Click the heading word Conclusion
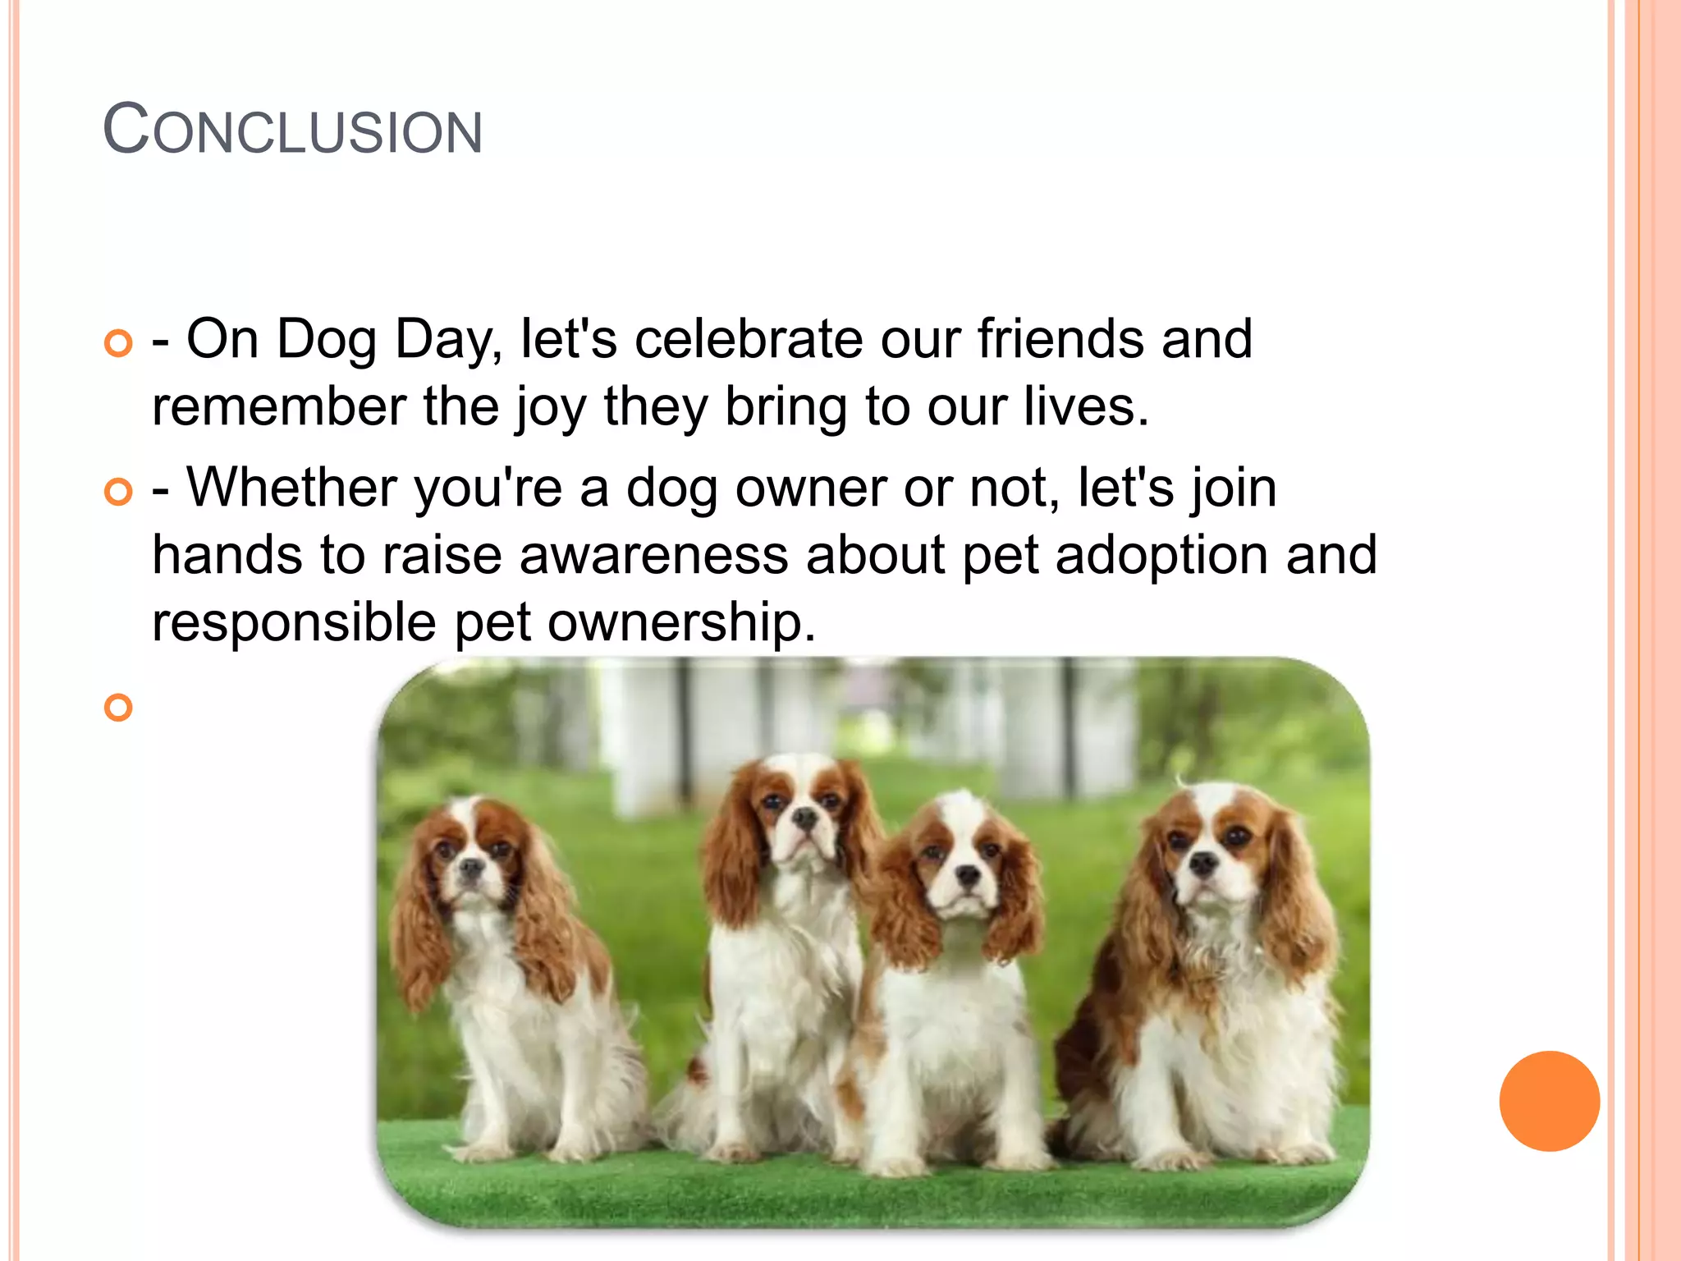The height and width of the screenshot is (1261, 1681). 293,130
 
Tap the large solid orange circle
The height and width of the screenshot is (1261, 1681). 1549,1101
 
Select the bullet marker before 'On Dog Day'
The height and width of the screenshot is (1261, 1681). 119,343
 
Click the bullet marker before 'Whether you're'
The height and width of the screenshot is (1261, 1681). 119,492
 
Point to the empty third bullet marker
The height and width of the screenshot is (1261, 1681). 119,707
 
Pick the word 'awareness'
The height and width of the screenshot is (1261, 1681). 653,555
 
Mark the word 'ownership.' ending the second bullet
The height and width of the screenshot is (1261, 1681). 681,621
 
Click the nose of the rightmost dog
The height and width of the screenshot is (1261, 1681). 1202,862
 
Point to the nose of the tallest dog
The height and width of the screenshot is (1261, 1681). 806,816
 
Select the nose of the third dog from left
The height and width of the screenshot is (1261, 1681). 969,874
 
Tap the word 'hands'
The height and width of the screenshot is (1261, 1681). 227,555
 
